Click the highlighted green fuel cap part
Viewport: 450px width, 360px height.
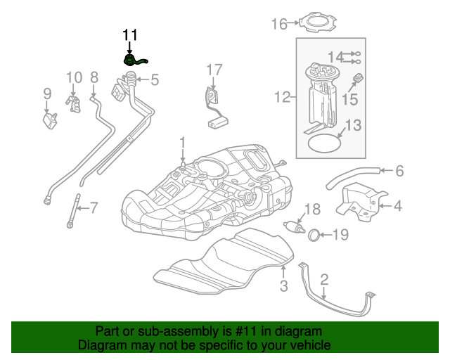click(134, 60)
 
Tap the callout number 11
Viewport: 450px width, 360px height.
click(131, 34)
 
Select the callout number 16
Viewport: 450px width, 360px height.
click(279, 25)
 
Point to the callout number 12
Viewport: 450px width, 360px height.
click(282, 98)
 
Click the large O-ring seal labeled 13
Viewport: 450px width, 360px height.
click(324, 143)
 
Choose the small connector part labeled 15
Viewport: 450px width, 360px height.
click(356, 79)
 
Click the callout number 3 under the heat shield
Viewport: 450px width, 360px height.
click(283, 285)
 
